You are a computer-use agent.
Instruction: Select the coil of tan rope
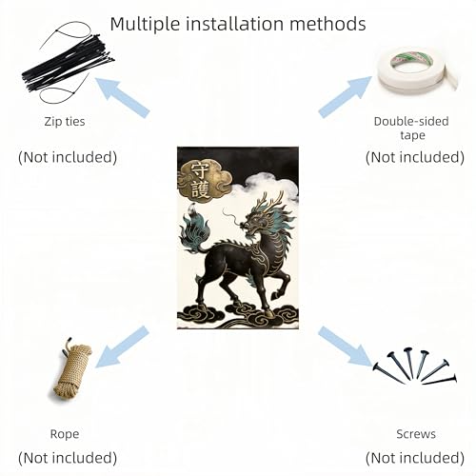point(71,370)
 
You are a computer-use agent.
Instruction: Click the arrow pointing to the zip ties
point(123,98)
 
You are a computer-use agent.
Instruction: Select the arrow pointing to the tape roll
point(346,97)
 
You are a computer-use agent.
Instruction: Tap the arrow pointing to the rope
point(122,347)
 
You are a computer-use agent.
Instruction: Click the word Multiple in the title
point(146,24)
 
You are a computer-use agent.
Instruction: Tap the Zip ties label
point(65,122)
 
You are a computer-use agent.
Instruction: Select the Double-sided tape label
point(411,129)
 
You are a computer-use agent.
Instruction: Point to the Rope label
point(65,434)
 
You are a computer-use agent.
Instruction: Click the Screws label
point(416,434)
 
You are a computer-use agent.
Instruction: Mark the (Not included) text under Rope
point(68,458)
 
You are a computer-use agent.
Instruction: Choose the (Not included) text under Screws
point(415,458)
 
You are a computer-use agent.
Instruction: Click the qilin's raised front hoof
point(275,296)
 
